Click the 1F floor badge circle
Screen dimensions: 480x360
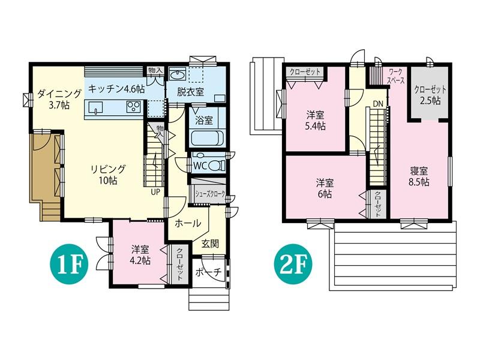pyautogui.click(x=70, y=264)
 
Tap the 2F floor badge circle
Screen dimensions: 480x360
pyautogui.click(x=293, y=264)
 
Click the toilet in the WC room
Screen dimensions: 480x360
pyautogui.click(x=217, y=166)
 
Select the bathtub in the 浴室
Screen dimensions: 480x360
pyautogui.click(x=206, y=139)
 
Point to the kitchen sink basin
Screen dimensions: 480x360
pyautogui.click(x=95, y=108)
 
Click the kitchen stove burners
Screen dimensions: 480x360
pyautogui.click(x=133, y=107)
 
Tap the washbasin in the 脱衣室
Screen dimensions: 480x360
pyautogui.click(x=177, y=74)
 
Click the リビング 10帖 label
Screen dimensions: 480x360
pyautogui.click(x=108, y=175)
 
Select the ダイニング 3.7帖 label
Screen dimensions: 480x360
pyautogui.click(x=59, y=99)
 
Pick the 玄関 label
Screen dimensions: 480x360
pyautogui.click(x=211, y=244)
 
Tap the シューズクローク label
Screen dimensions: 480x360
pyautogui.click(x=210, y=194)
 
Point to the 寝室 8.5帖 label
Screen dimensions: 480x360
pyautogui.click(x=418, y=176)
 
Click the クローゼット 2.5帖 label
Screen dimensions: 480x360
pyautogui.click(x=430, y=95)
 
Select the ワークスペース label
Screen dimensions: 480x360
pyautogui.click(x=395, y=77)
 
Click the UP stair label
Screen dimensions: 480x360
pyautogui.click(x=155, y=192)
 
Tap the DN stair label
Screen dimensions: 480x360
pyautogui.click(x=378, y=104)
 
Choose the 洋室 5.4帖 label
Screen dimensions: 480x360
pyautogui.click(x=316, y=121)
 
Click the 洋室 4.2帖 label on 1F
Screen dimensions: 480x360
pyautogui.click(x=140, y=255)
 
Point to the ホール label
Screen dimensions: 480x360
pyautogui.click(x=188, y=223)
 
